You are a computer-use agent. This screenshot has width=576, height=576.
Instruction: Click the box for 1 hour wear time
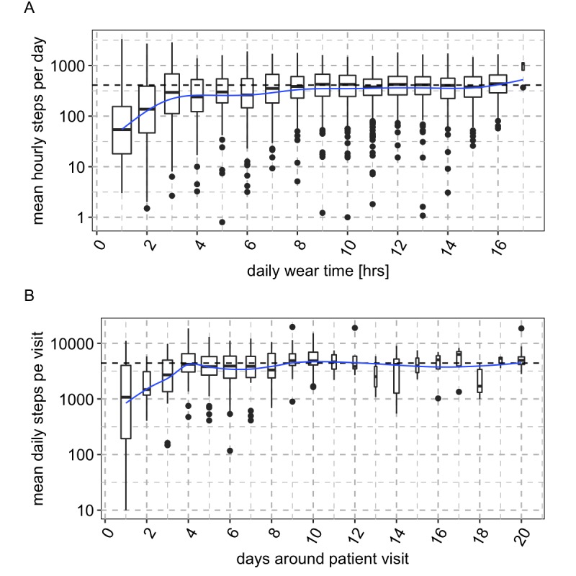tap(122, 130)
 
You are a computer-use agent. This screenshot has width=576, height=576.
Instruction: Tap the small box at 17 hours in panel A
tap(523, 66)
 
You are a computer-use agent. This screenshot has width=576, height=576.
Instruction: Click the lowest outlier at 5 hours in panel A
tap(222, 222)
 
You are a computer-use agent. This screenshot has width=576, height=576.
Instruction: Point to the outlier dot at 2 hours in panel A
tap(147, 208)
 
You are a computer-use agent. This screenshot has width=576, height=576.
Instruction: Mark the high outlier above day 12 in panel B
tap(354, 328)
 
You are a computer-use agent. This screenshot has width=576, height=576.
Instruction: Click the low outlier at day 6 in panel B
tap(230, 451)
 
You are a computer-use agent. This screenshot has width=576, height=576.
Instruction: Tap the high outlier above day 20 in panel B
tap(521, 328)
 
